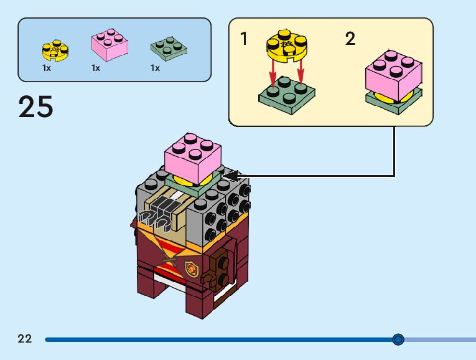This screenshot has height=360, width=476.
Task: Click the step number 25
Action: tap(36, 107)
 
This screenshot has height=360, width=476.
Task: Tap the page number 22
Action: tap(25, 339)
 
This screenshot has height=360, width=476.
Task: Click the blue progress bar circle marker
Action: tap(398, 339)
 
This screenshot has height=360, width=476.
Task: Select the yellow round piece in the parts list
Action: tap(55, 49)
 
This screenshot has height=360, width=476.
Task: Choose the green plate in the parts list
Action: tap(169, 47)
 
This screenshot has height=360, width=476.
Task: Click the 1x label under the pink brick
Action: tap(96, 68)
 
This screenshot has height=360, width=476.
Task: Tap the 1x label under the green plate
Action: tap(155, 68)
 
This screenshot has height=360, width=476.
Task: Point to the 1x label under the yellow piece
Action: tap(47, 68)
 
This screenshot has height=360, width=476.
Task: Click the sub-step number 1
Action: tap(244, 39)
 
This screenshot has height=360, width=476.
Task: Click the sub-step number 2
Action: tap(350, 39)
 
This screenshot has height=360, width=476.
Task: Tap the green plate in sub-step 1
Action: tap(287, 92)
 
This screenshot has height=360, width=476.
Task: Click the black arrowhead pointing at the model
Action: tap(231, 176)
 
